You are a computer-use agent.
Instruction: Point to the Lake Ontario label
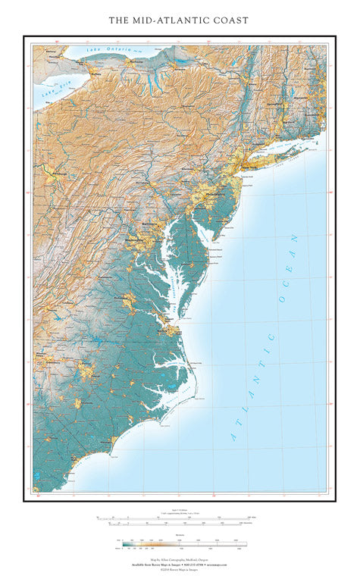pyautogui.click(x=104, y=49)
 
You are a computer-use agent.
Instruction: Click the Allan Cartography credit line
pyautogui.click(x=180, y=558)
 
